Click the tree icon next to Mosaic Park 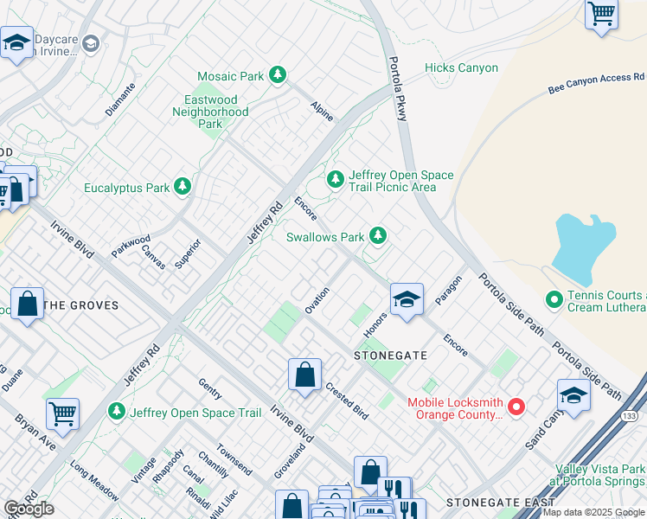278,76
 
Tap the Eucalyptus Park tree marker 182,187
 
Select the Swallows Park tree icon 377,235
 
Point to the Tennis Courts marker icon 555,300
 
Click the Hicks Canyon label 461,68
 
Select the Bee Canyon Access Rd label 590,83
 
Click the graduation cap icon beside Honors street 406,299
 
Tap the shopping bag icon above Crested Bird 304,375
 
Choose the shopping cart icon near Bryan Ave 62,414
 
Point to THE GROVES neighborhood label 80,305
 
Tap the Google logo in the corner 29,508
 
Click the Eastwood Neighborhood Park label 210,112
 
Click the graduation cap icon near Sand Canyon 573,395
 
